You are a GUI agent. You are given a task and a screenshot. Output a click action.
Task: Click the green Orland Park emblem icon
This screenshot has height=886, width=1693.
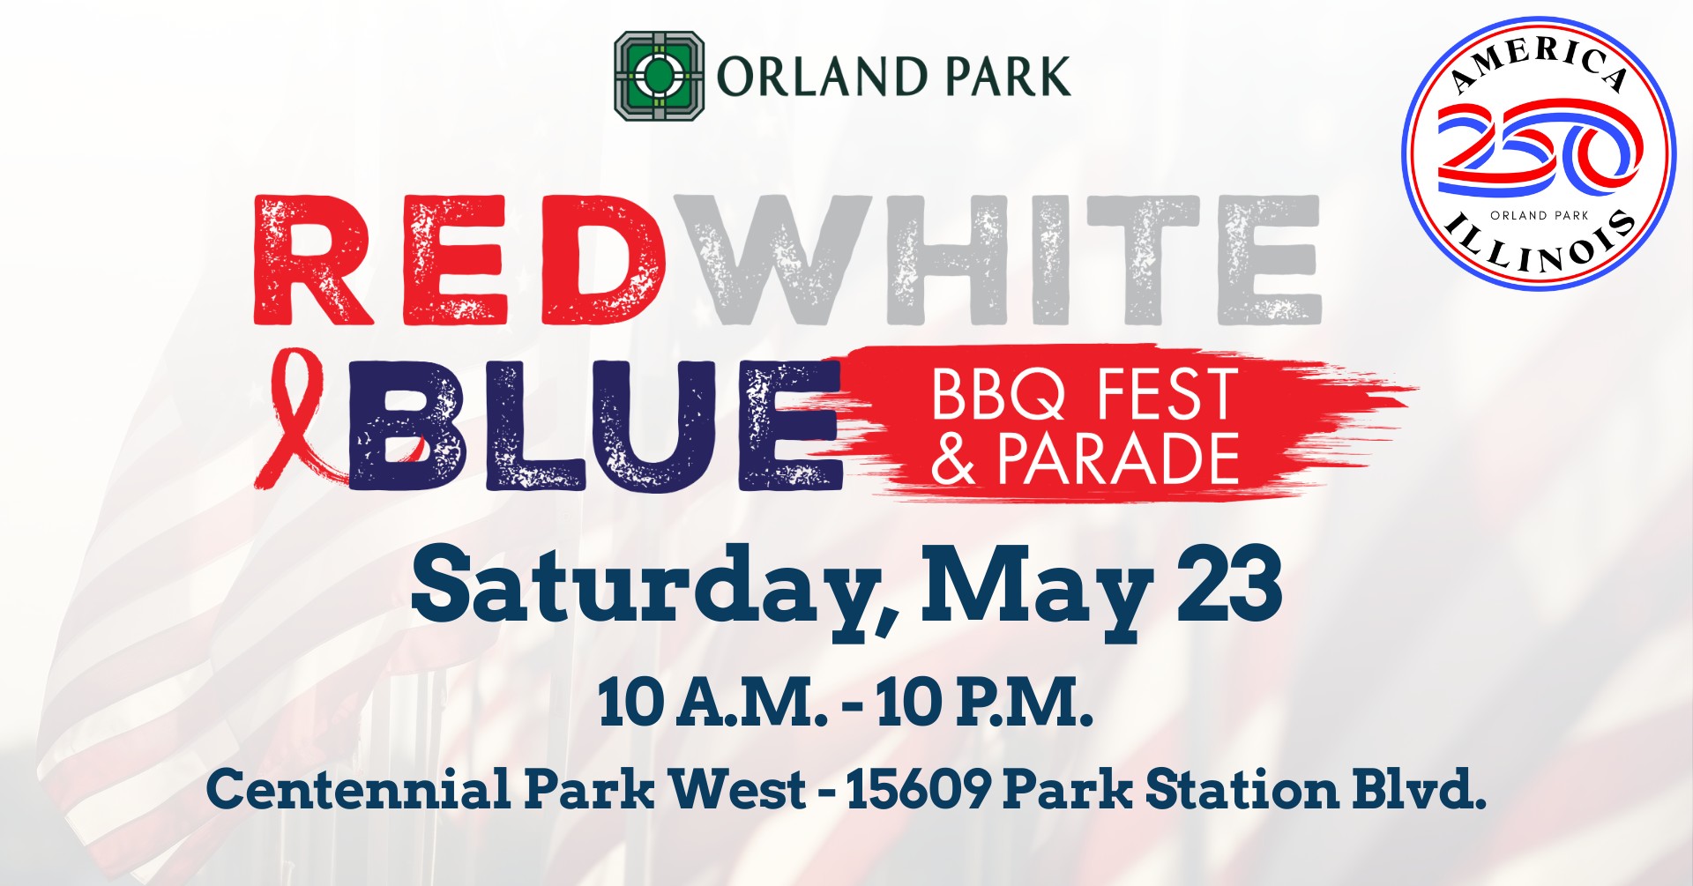pyautogui.click(x=658, y=76)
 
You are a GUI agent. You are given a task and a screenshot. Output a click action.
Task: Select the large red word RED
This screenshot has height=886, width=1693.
pyautogui.click(x=459, y=259)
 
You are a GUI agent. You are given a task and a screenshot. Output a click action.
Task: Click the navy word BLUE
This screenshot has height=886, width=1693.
pyautogui.click(x=594, y=426)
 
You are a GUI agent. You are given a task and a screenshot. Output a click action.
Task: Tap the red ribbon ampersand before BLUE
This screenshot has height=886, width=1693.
pyautogui.click(x=300, y=419)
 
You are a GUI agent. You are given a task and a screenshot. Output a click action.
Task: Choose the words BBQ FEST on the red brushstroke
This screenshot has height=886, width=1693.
pyautogui.click(x=1084, y=394)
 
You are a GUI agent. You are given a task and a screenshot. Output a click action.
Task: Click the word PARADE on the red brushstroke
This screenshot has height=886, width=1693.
pyautogui.click(x=1118, y=458)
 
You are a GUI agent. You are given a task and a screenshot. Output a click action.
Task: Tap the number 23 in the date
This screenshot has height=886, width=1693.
pyautogui.click(x=1229, y=584)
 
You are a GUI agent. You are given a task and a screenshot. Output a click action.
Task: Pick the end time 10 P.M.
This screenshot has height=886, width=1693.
pyautogui.click(x=984, y=704)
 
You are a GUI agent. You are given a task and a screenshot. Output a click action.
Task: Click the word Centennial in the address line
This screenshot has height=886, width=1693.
pyautogui.click(x=358, y=788)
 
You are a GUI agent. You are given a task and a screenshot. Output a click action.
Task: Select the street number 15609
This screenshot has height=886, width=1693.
pyautogui.click(x=918, y=788)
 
